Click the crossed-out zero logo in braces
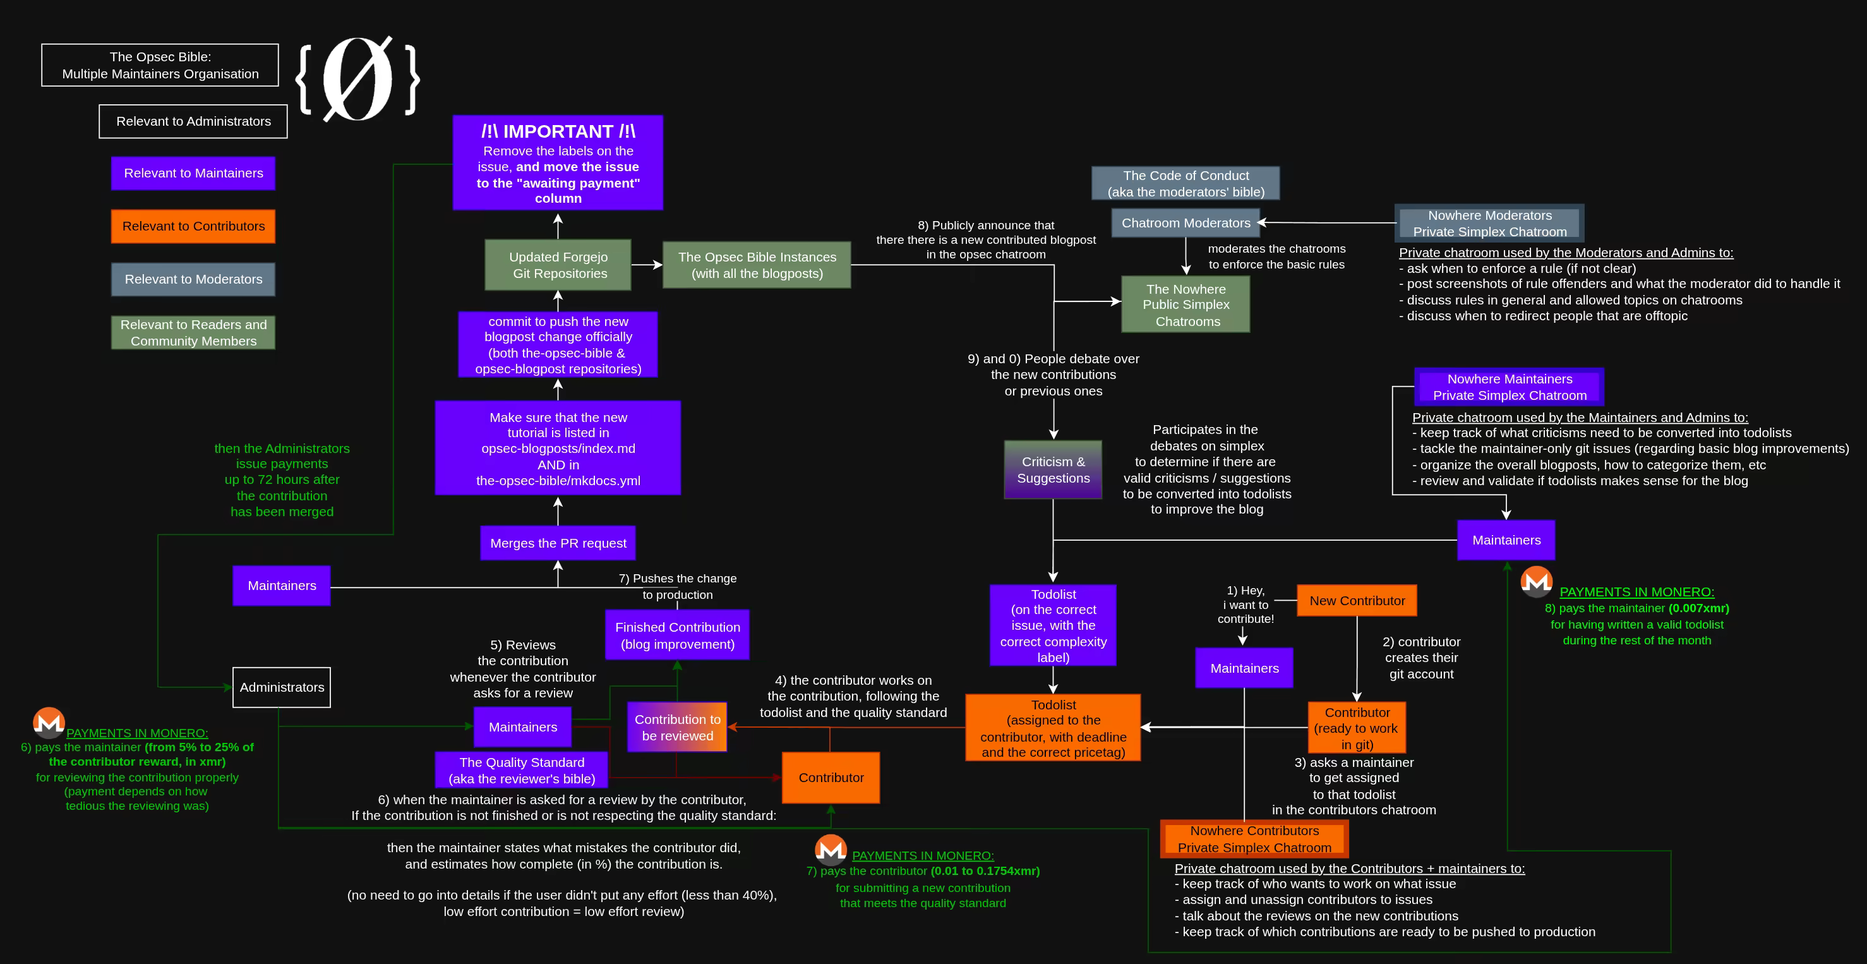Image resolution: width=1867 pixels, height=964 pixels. point(357,78)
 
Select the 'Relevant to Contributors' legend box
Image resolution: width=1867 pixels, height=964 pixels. point(193,226)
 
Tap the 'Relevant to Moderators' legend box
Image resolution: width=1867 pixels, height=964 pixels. point(193,279)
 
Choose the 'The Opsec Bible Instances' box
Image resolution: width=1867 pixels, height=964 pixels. point(756,265)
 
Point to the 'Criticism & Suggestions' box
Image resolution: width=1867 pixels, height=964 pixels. point(1052,469)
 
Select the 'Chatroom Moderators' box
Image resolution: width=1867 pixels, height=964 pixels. point(1185,222)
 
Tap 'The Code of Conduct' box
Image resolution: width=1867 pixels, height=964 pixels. point(1185,183)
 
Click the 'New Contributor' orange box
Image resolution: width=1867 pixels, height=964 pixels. point(1356,600)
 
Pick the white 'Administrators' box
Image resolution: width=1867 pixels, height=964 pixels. point(281,687)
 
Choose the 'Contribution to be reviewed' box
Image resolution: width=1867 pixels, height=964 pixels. point(677,727)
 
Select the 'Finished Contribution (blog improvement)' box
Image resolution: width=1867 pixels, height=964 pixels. point(677,635)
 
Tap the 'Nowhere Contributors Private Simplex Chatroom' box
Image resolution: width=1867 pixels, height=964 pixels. point(1254,839)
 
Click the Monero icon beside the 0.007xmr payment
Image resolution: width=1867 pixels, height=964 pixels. point(1536,581)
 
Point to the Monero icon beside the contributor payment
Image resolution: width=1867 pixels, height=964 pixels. point(831,850)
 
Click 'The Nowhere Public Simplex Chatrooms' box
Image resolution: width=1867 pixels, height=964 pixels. point(1185,304)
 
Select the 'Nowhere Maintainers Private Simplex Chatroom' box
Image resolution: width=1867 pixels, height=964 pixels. point(1509,387)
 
